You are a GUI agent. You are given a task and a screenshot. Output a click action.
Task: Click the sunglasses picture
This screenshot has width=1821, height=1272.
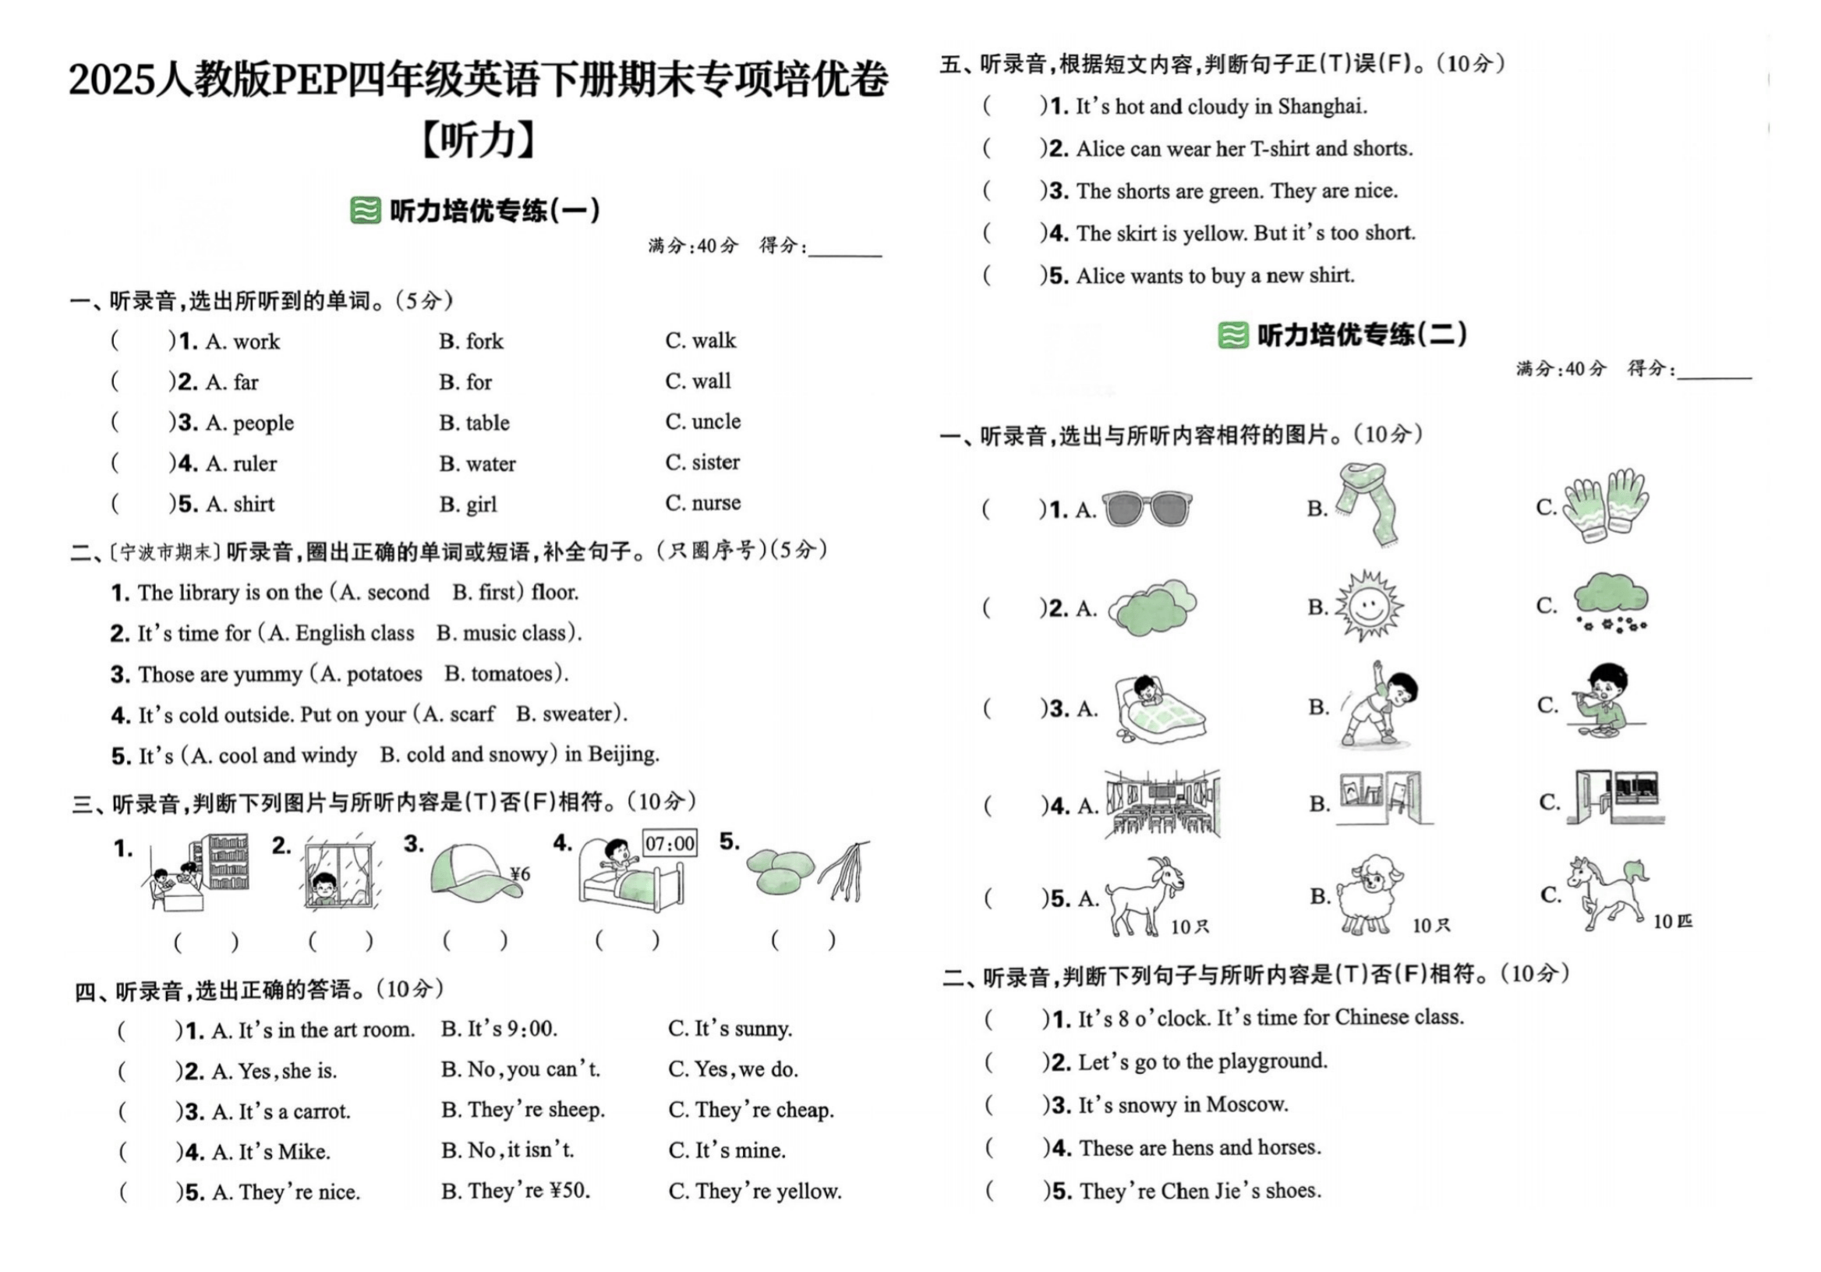click(x=1147, y=508)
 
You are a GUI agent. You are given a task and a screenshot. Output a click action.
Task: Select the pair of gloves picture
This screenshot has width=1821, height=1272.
click(x=1607, y=505)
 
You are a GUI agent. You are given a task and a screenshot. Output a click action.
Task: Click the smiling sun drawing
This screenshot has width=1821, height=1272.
click(x=1367, y=605)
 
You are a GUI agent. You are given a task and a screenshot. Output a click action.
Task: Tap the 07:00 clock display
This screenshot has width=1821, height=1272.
click(x=670, y=843)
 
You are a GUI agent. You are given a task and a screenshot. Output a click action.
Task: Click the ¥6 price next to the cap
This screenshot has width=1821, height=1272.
click(x=519, y=874)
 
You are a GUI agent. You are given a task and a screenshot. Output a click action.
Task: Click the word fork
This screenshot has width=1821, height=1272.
click(x=484, y=342)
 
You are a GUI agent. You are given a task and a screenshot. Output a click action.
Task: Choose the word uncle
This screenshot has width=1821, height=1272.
click(x=715, y=421)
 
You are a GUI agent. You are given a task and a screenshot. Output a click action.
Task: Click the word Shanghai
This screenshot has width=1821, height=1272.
click(x=1321, y=106)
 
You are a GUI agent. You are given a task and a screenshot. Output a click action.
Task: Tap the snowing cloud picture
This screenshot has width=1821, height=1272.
click(x=1611, y=603)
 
